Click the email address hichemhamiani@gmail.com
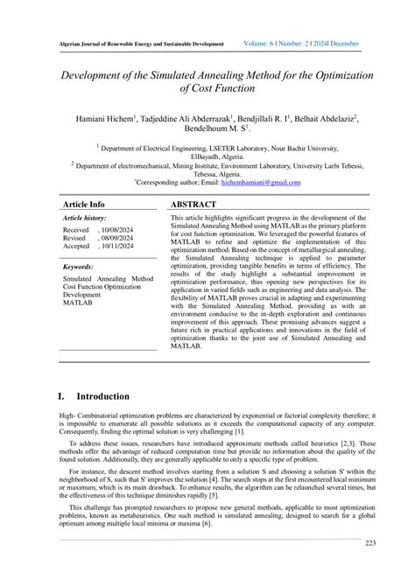(261, 183)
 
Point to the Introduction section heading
(102, 396)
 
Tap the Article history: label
(84, 217)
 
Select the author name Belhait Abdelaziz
(322, 116)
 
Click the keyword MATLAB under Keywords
(77, 302)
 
